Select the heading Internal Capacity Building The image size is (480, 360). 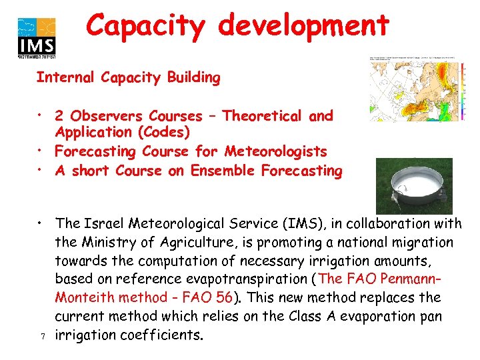[128, 77]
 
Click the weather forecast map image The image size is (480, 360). [419, 89]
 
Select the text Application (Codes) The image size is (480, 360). [123, 133]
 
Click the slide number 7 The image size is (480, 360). [41, 335]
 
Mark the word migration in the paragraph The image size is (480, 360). [418, 242]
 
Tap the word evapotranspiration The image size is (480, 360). [243, 279]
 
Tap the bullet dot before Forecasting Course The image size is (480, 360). [41, 152]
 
